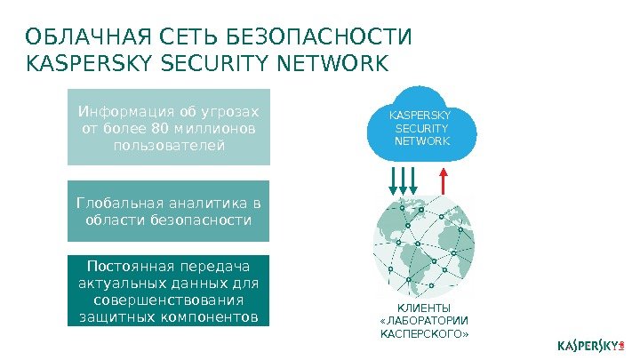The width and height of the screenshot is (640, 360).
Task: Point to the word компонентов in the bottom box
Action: click(212, 316)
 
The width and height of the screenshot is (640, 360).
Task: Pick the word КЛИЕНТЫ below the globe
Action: click(424, 307)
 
